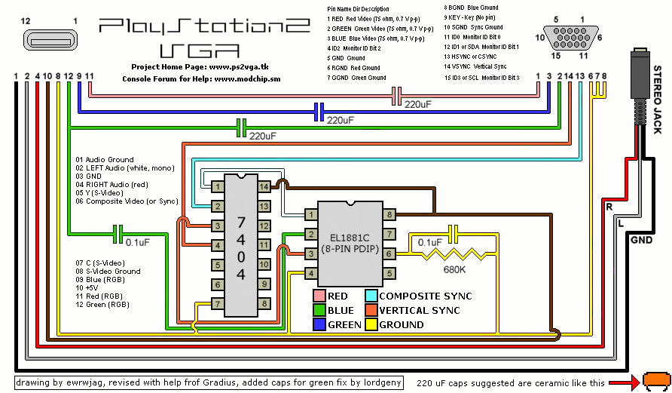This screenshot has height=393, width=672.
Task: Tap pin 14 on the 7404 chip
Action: point(264,186)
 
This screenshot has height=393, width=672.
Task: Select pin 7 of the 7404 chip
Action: point(217,304)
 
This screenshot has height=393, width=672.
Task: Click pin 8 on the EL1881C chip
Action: point(389,215)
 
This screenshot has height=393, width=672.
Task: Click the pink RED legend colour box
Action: point(319,296)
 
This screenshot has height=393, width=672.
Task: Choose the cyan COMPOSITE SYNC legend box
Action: point(371,296)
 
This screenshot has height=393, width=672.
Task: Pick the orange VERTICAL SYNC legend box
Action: point(371,310)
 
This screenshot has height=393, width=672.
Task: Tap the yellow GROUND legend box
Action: point(371,324)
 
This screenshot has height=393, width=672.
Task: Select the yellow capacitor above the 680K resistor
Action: point(453,232)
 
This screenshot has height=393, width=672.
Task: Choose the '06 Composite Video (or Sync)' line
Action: point(126,201)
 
